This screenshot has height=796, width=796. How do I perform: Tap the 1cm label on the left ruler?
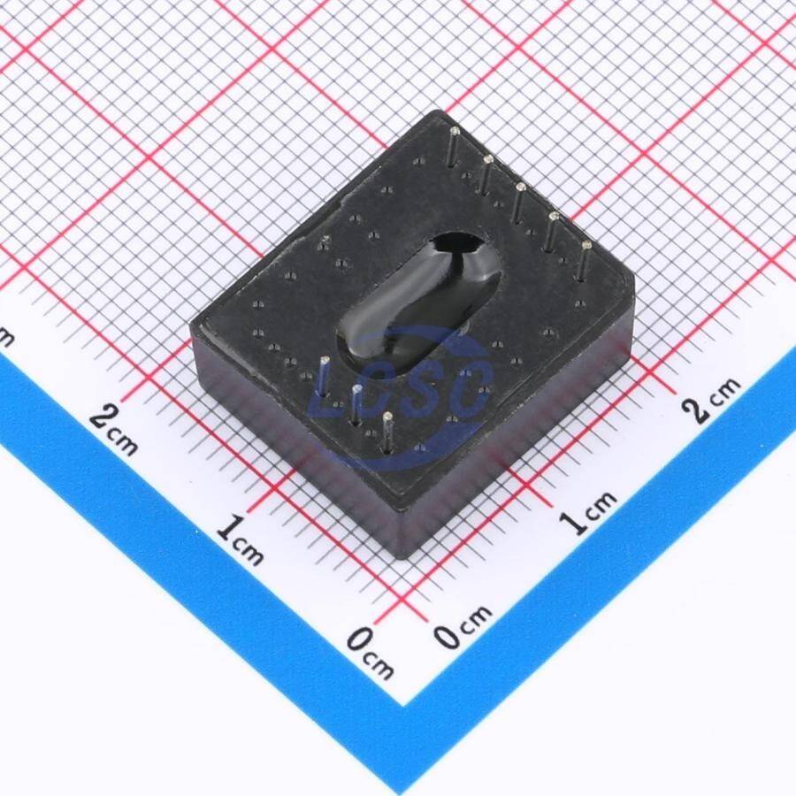pos(240,540)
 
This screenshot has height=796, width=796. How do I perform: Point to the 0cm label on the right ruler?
pos(463,625)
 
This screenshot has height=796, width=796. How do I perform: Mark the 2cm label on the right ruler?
pos(710,400)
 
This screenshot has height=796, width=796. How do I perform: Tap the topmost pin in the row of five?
pos(454,147)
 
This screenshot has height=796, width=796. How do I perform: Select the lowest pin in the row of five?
pos(584,261)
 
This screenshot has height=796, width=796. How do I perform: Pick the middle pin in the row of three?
pos(356,405)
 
